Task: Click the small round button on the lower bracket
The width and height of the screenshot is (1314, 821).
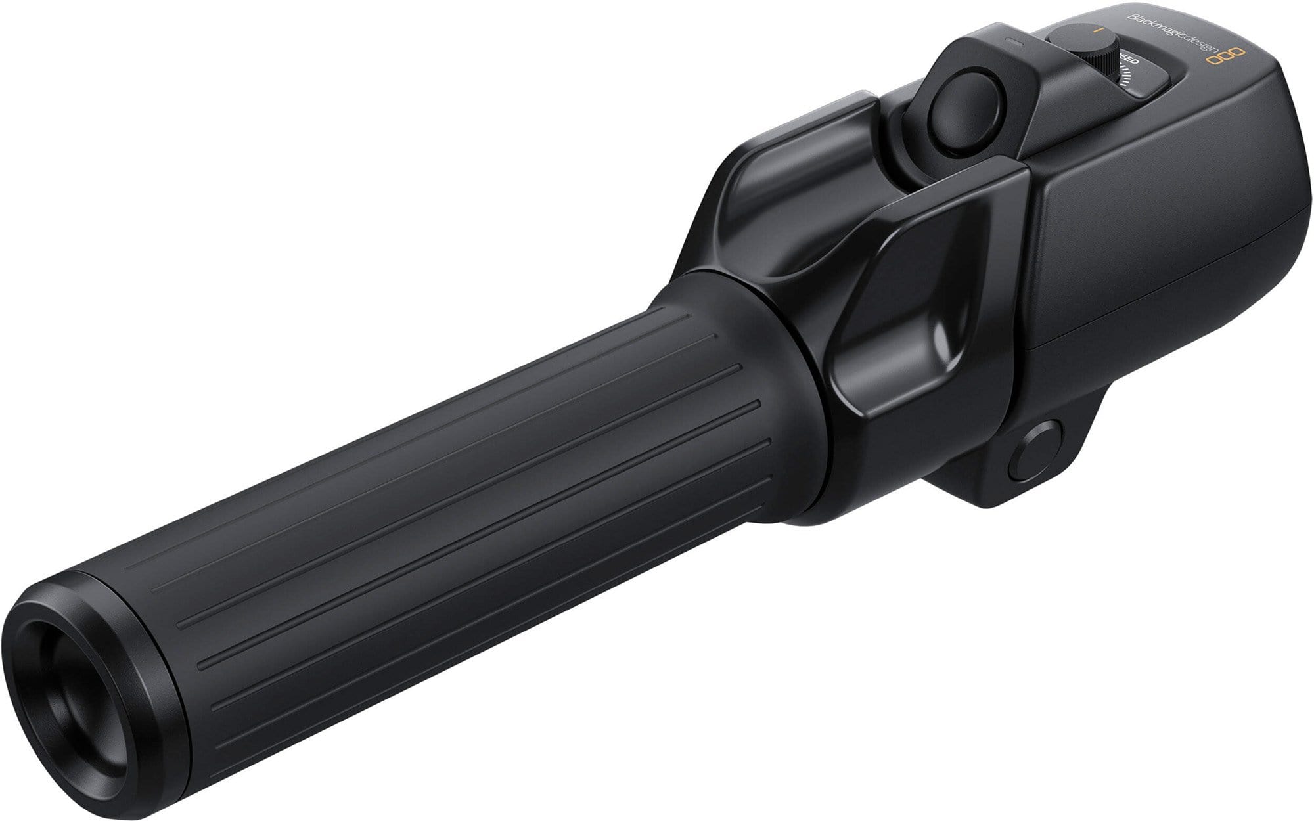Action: coord(1037,451)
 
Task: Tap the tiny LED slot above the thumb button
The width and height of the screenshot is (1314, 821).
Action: coord(1014,39)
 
